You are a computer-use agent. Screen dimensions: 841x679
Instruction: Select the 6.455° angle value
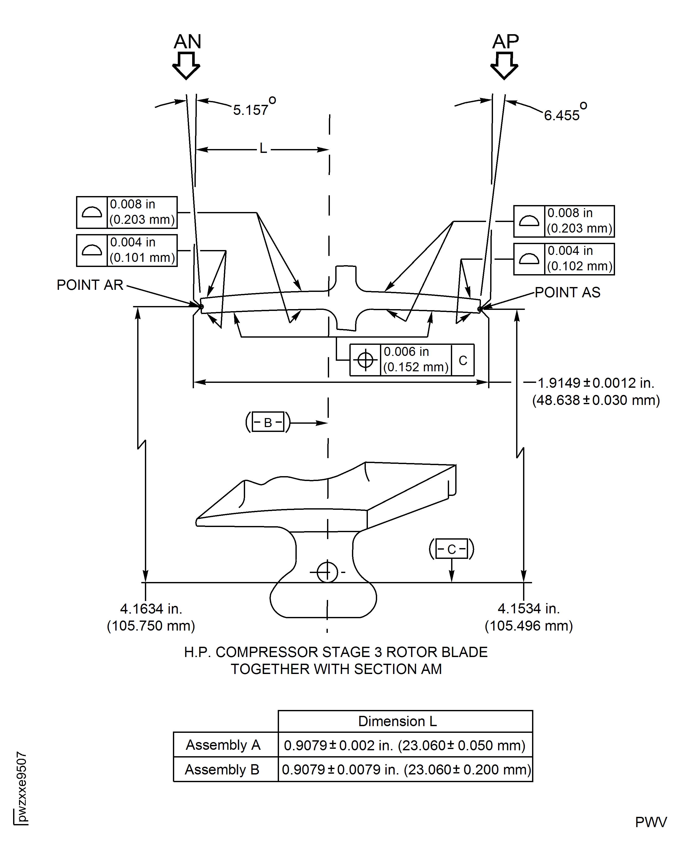coord(562,115)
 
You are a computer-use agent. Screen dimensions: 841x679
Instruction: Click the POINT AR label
coord(90,285)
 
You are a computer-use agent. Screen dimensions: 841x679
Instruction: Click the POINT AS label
coord(567,292)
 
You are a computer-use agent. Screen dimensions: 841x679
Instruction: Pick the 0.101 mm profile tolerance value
coord(142,258)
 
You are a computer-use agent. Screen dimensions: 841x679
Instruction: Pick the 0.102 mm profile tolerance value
coord(580,266)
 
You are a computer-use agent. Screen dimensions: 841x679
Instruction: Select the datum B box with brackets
coord(268,422)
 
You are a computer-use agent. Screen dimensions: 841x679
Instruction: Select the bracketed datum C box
coord(452,549)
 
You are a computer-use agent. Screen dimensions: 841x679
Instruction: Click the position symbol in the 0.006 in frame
coord(365,360)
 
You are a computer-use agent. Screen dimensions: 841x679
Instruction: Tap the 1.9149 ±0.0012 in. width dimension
coord(596,383)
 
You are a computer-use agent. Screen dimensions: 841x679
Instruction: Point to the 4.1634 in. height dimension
coord(151,609)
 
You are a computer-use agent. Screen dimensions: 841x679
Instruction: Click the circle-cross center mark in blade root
coord(327,572)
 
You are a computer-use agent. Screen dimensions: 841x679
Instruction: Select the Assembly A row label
coord(223,745)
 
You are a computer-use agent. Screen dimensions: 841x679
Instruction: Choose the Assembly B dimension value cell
coord(406,769)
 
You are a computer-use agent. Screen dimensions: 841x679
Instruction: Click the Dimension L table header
coord(397,721)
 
